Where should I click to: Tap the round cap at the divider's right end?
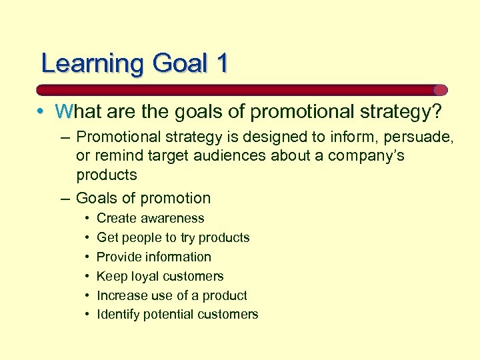click(x=440, y=90)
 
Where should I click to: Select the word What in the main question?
click(x=79, y=112)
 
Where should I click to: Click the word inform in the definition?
click(x=343, y=137)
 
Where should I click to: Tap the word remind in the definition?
click(x=119, y=156)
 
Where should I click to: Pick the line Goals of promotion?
click(x=143, y=198)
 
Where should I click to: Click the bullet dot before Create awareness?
click(x=87, y=218)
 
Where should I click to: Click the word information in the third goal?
click(x=177, y=257)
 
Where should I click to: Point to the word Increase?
click(x=121, y=295)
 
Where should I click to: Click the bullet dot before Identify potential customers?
click(x=87, y=315)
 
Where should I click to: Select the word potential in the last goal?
click(x=166, y=315)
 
